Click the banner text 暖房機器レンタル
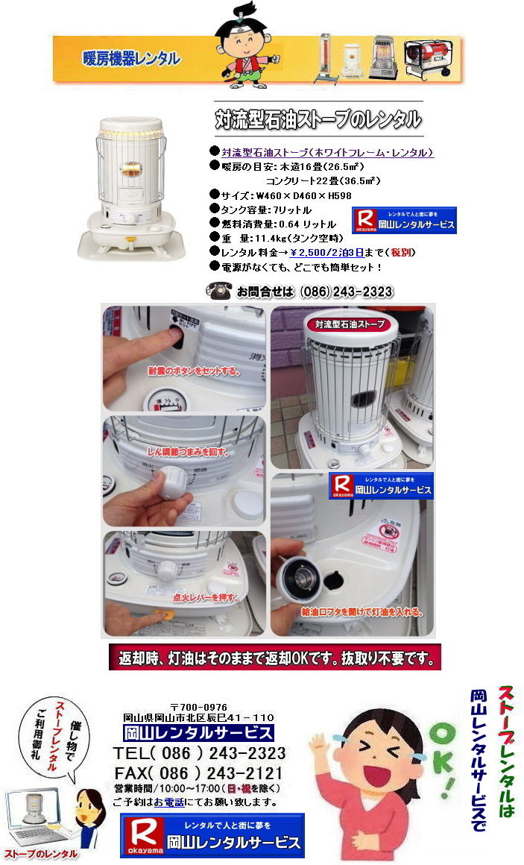click(131, 58)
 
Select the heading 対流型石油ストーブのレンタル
click(318, 119)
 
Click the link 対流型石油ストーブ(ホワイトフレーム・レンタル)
click(327, 152)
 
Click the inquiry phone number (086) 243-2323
click(346, 292)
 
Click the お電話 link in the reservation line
click(166, 802)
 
